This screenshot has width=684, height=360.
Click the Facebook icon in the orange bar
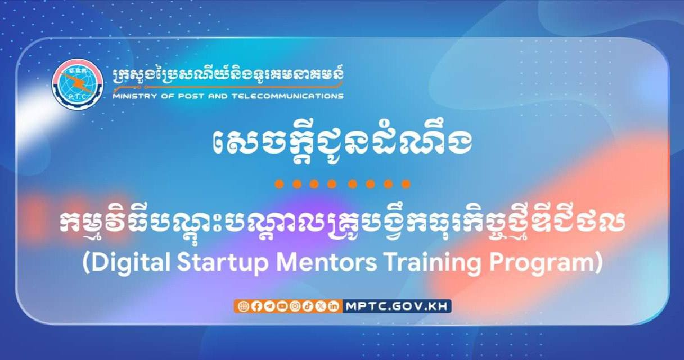pyautogui.click(x=256, y=306)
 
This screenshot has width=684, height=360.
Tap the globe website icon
pyautogui.click(x=244, y=306)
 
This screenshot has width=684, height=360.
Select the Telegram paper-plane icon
pyautogui.click(x=269, y=306)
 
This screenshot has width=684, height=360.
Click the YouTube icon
pyautogui.click(x=282, y=306)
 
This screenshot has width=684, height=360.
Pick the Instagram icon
pyautogui.click(x=295, y=306)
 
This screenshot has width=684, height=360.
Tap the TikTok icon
pyautogui.click(x=308, y=306)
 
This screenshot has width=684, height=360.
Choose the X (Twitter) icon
pyautogui.click(x=321, y=306)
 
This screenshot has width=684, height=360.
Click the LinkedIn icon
pyautogui.click(x=334, y=306)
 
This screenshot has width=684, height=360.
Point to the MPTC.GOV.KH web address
pyautogui.click(x=397, y=306)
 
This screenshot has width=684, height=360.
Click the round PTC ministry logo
pyautogui.click(x=78, y=84)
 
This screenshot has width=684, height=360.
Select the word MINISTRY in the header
pyautogui.click(x=134, y=96)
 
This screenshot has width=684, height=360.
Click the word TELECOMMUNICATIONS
pyautogui.click(x=287, y=96)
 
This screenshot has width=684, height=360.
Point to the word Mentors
pyautogui.click(x=327, y=263)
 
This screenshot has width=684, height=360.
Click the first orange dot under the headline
pyautogui.click(x=279, y=184)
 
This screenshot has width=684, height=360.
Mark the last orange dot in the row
pyautogui.click(x=406, y=184)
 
